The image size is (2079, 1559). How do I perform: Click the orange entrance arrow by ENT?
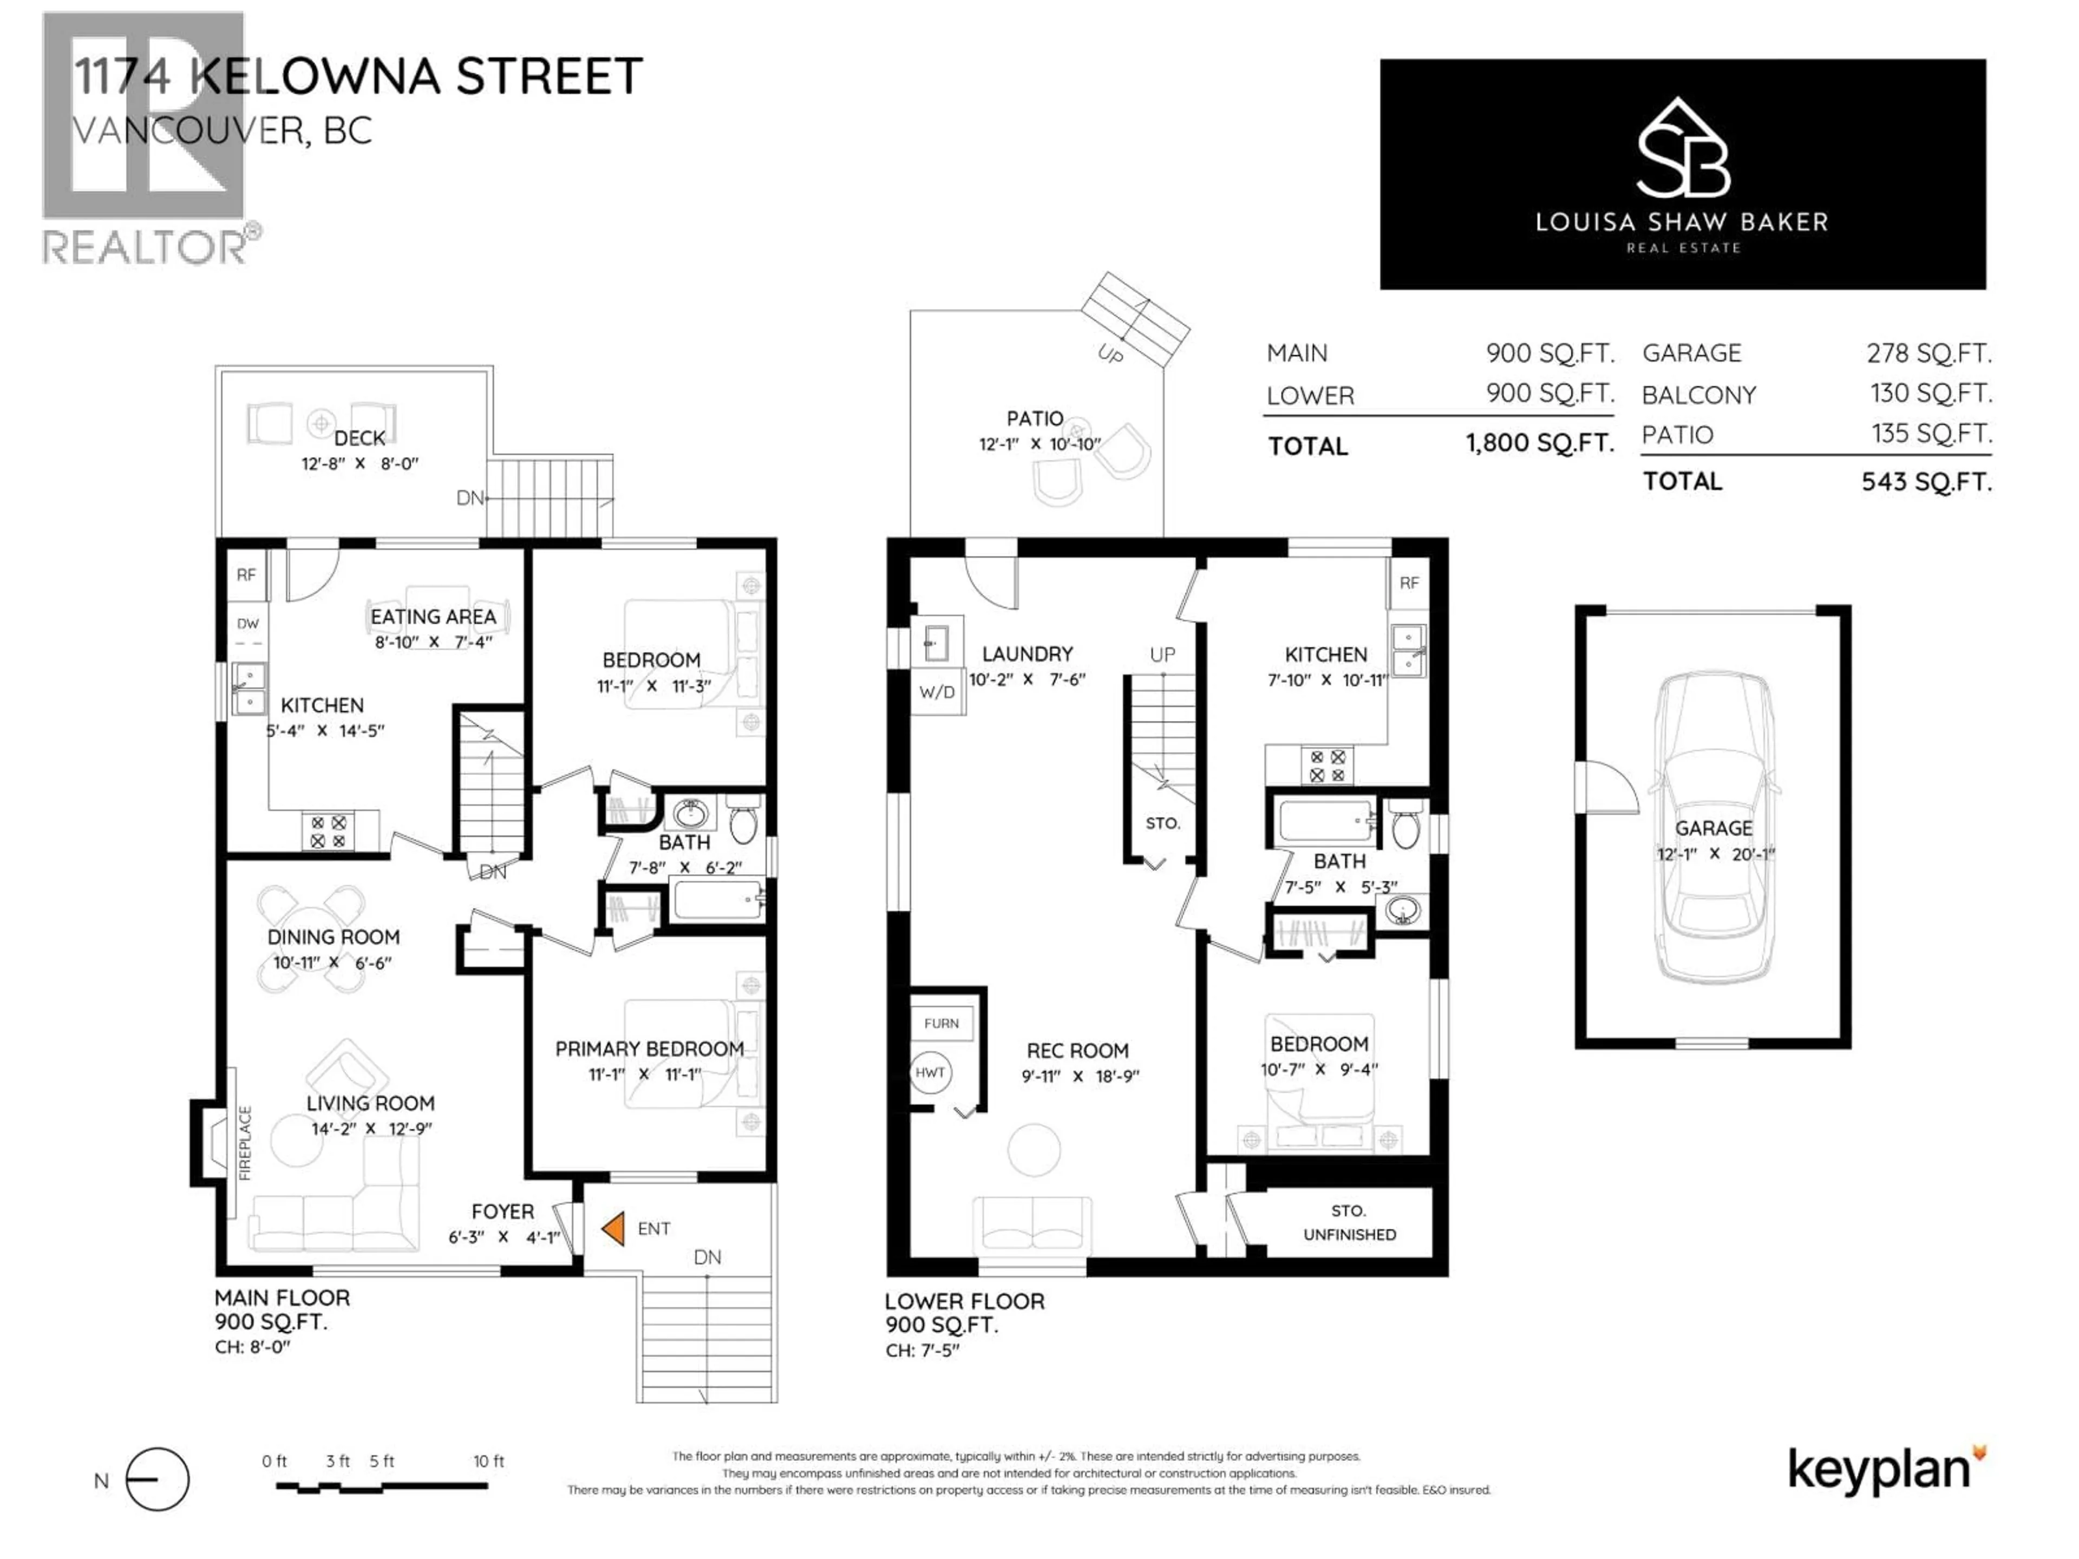click(614, 1228)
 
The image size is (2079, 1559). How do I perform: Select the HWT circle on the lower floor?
click(930, 1072)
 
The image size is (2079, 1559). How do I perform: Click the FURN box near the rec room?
click(941, 1023)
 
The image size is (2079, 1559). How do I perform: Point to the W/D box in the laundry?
click(936, 692)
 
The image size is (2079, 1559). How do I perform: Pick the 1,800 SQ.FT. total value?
click(1540, 443)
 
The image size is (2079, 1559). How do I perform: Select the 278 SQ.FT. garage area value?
click(1928, 353)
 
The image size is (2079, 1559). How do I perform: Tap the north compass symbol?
click(157, 1479)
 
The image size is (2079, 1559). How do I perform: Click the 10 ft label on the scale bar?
click(488, 1461)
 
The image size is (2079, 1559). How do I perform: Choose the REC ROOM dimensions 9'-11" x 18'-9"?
click(1080, 1077)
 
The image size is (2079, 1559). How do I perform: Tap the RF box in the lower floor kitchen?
click(1409, 582)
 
